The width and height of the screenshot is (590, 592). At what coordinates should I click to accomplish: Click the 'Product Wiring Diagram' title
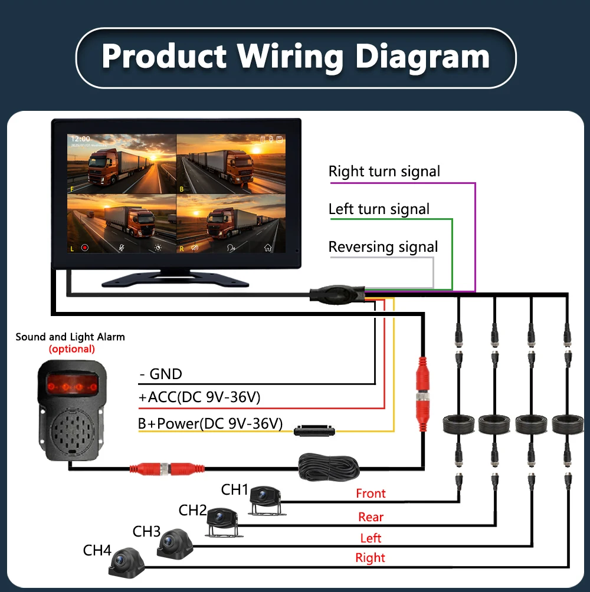[296, 57]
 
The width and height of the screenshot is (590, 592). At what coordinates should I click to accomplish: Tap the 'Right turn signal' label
[384, 172]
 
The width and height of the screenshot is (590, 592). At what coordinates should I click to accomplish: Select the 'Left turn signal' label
[379, 209]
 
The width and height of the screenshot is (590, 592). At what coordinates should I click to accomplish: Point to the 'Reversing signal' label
[383, 247]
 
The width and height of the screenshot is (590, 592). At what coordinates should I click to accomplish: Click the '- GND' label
[160, 374]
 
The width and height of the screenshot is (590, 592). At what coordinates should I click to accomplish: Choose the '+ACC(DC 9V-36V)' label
[199, 398]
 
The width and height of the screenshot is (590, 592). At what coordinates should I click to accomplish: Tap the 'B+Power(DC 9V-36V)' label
[210, 423]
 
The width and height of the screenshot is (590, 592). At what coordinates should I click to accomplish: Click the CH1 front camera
[264, 499]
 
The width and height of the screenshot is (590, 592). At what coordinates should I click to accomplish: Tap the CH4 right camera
[126, 562]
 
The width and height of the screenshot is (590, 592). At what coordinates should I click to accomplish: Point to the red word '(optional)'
[71, 349]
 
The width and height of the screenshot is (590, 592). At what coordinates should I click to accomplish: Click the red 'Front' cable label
[371, 494]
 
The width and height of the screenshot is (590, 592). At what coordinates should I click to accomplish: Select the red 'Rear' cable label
[371, 517]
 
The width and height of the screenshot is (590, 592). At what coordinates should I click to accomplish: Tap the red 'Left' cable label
[371, 538]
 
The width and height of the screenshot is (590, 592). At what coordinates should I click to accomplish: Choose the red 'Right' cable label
[371, 558]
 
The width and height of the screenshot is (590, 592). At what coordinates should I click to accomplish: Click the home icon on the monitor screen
[268, 248]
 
